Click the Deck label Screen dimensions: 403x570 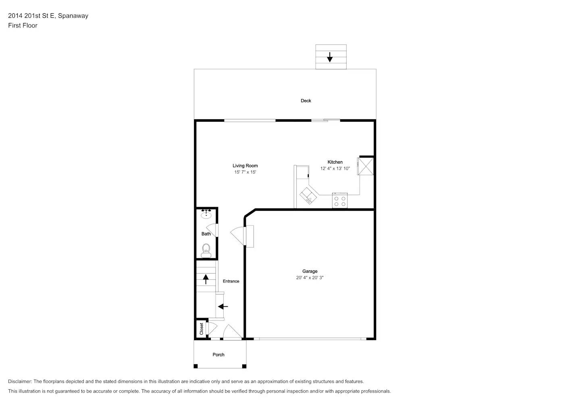[x=306, y=101]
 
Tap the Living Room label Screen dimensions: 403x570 [x=245, y=166]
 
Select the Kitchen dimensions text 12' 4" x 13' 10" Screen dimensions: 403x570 [x=335, y=168]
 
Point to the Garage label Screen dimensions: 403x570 [x=310, y=271]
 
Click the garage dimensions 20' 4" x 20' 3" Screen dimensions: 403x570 [x=310, y=278]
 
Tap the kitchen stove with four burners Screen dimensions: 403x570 [x=339, y=200]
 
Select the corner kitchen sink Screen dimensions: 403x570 [x=308, y=196]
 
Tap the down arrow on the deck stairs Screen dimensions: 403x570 [x=330, y=57]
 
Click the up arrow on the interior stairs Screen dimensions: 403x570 [x=206, y=279]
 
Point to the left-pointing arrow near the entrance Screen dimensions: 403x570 [x=223, y=307]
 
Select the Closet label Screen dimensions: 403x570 [x=202, y=329]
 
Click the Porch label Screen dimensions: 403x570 [x=218, y=355]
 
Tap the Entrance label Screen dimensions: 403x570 [x=231, y=281]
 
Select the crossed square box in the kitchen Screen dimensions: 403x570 [x=366, y=166]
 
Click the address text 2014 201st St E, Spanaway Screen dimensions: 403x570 [x=48, y=16]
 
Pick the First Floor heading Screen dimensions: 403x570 [x=23, y=25]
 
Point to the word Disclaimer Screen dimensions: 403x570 [x=20, y=381]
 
